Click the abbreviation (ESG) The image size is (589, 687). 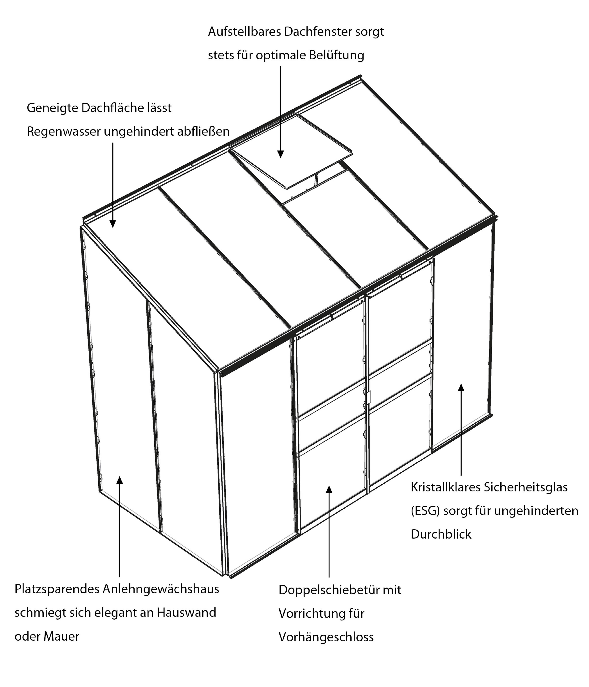tap(425, 511)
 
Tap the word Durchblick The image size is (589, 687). tap(441, 534)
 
